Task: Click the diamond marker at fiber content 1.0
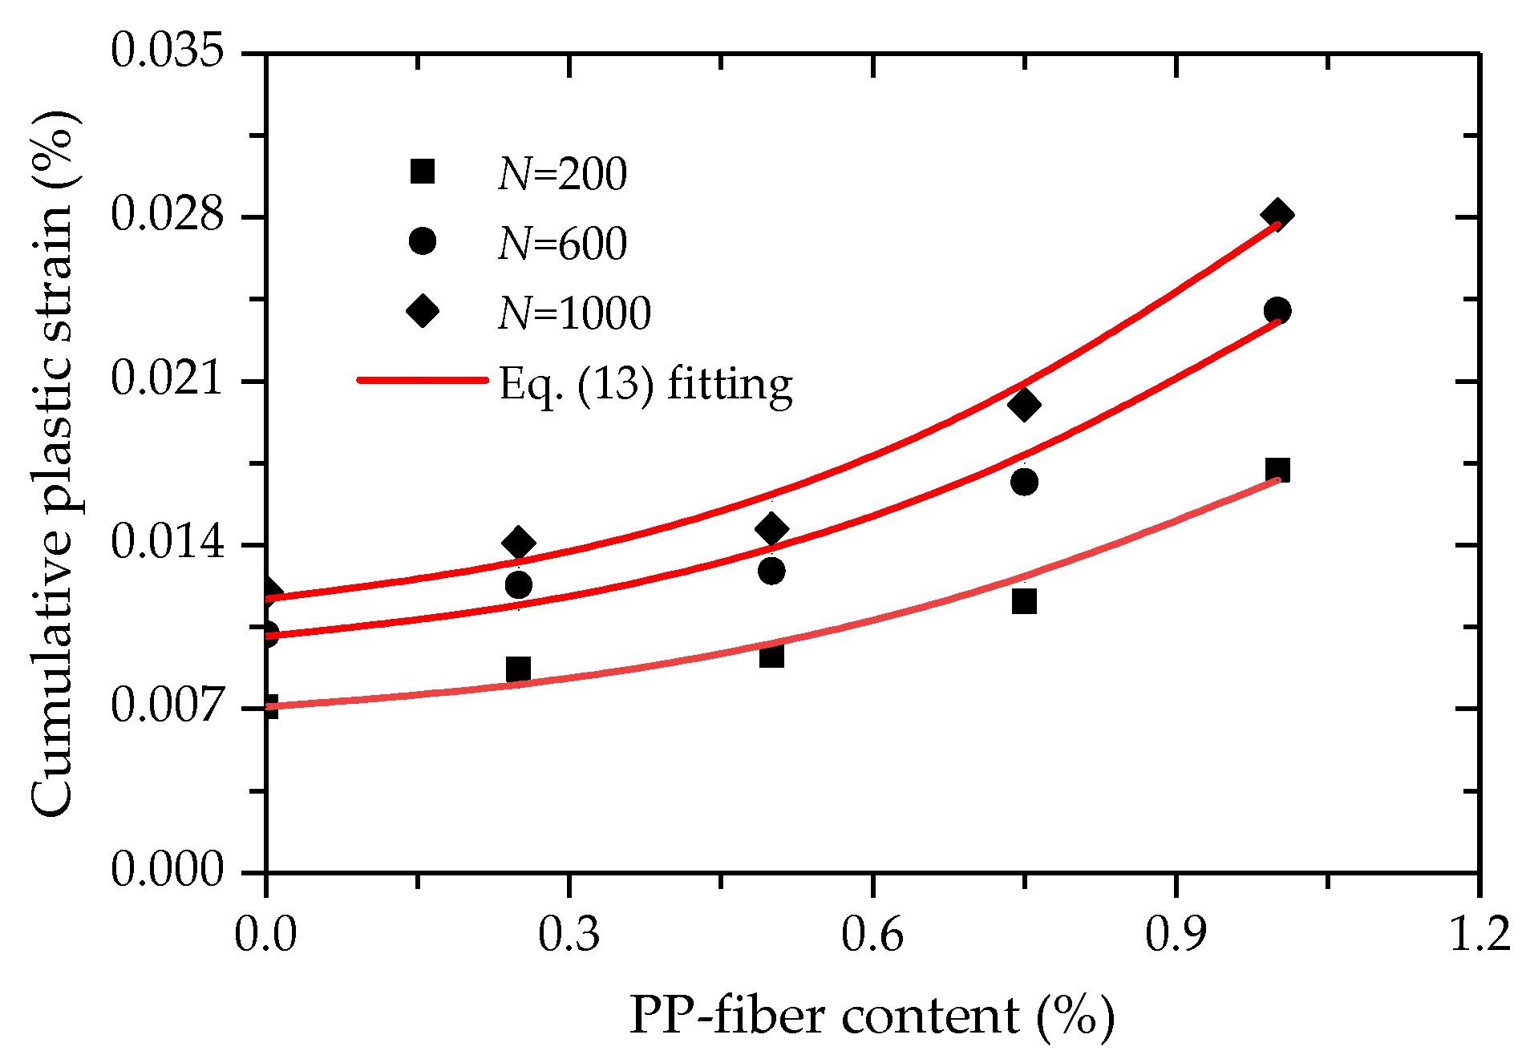[x=1277, y=215]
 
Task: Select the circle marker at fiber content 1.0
[x=1277, y=310]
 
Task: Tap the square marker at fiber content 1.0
[x=1277, y=470]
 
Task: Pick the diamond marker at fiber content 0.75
[x=1024, y=405]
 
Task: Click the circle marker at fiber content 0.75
[x=1024, y=482]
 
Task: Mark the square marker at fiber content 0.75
[x=1024, y=600]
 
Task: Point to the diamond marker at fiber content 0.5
[x=771, y=529]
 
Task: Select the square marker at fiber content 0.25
[x=518, y=669]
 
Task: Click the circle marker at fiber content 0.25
[x=518, y=584]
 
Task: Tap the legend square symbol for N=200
[x=422, y=172]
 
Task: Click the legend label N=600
[x=562, y=244]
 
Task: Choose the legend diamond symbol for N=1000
[x=423, y=311]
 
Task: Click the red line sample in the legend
[x=422, y=380]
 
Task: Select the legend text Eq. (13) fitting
[x=646, y=385]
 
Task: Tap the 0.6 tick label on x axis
[x=872, y=936]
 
